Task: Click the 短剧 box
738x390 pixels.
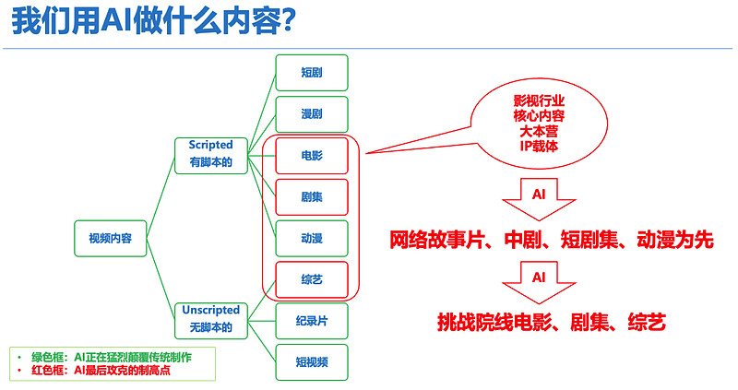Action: tap(311, 72)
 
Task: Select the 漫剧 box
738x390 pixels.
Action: tap(311, 113)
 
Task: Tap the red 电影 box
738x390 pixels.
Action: tap(311, 155)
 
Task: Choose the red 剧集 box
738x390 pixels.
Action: tap(311, 196)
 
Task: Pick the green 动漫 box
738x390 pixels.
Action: tap(311, 238)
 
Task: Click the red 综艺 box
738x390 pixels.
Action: tap(311, 278)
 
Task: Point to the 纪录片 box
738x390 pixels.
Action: tap(311, 320)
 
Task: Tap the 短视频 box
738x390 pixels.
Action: tap(311, 361)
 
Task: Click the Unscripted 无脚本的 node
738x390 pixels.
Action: tap(210, 319)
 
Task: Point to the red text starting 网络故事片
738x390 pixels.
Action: tap(551, 240)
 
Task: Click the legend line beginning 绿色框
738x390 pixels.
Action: tap(115, 355)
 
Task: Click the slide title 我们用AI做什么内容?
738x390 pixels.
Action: tap(154, 22)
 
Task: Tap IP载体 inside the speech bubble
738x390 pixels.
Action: tap(539, 146)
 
